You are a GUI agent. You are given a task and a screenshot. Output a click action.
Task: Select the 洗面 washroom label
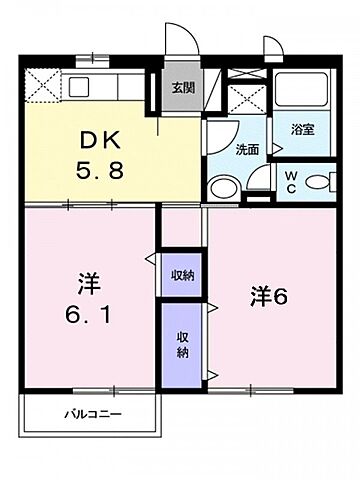[x=220, y=149]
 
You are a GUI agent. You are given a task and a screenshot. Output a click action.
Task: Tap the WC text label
[x=288, y=181]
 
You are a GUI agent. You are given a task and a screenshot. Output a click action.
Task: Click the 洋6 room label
[x=271, y=297]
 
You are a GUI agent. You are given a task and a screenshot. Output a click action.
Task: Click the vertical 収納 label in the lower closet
[x=182, y=346]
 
